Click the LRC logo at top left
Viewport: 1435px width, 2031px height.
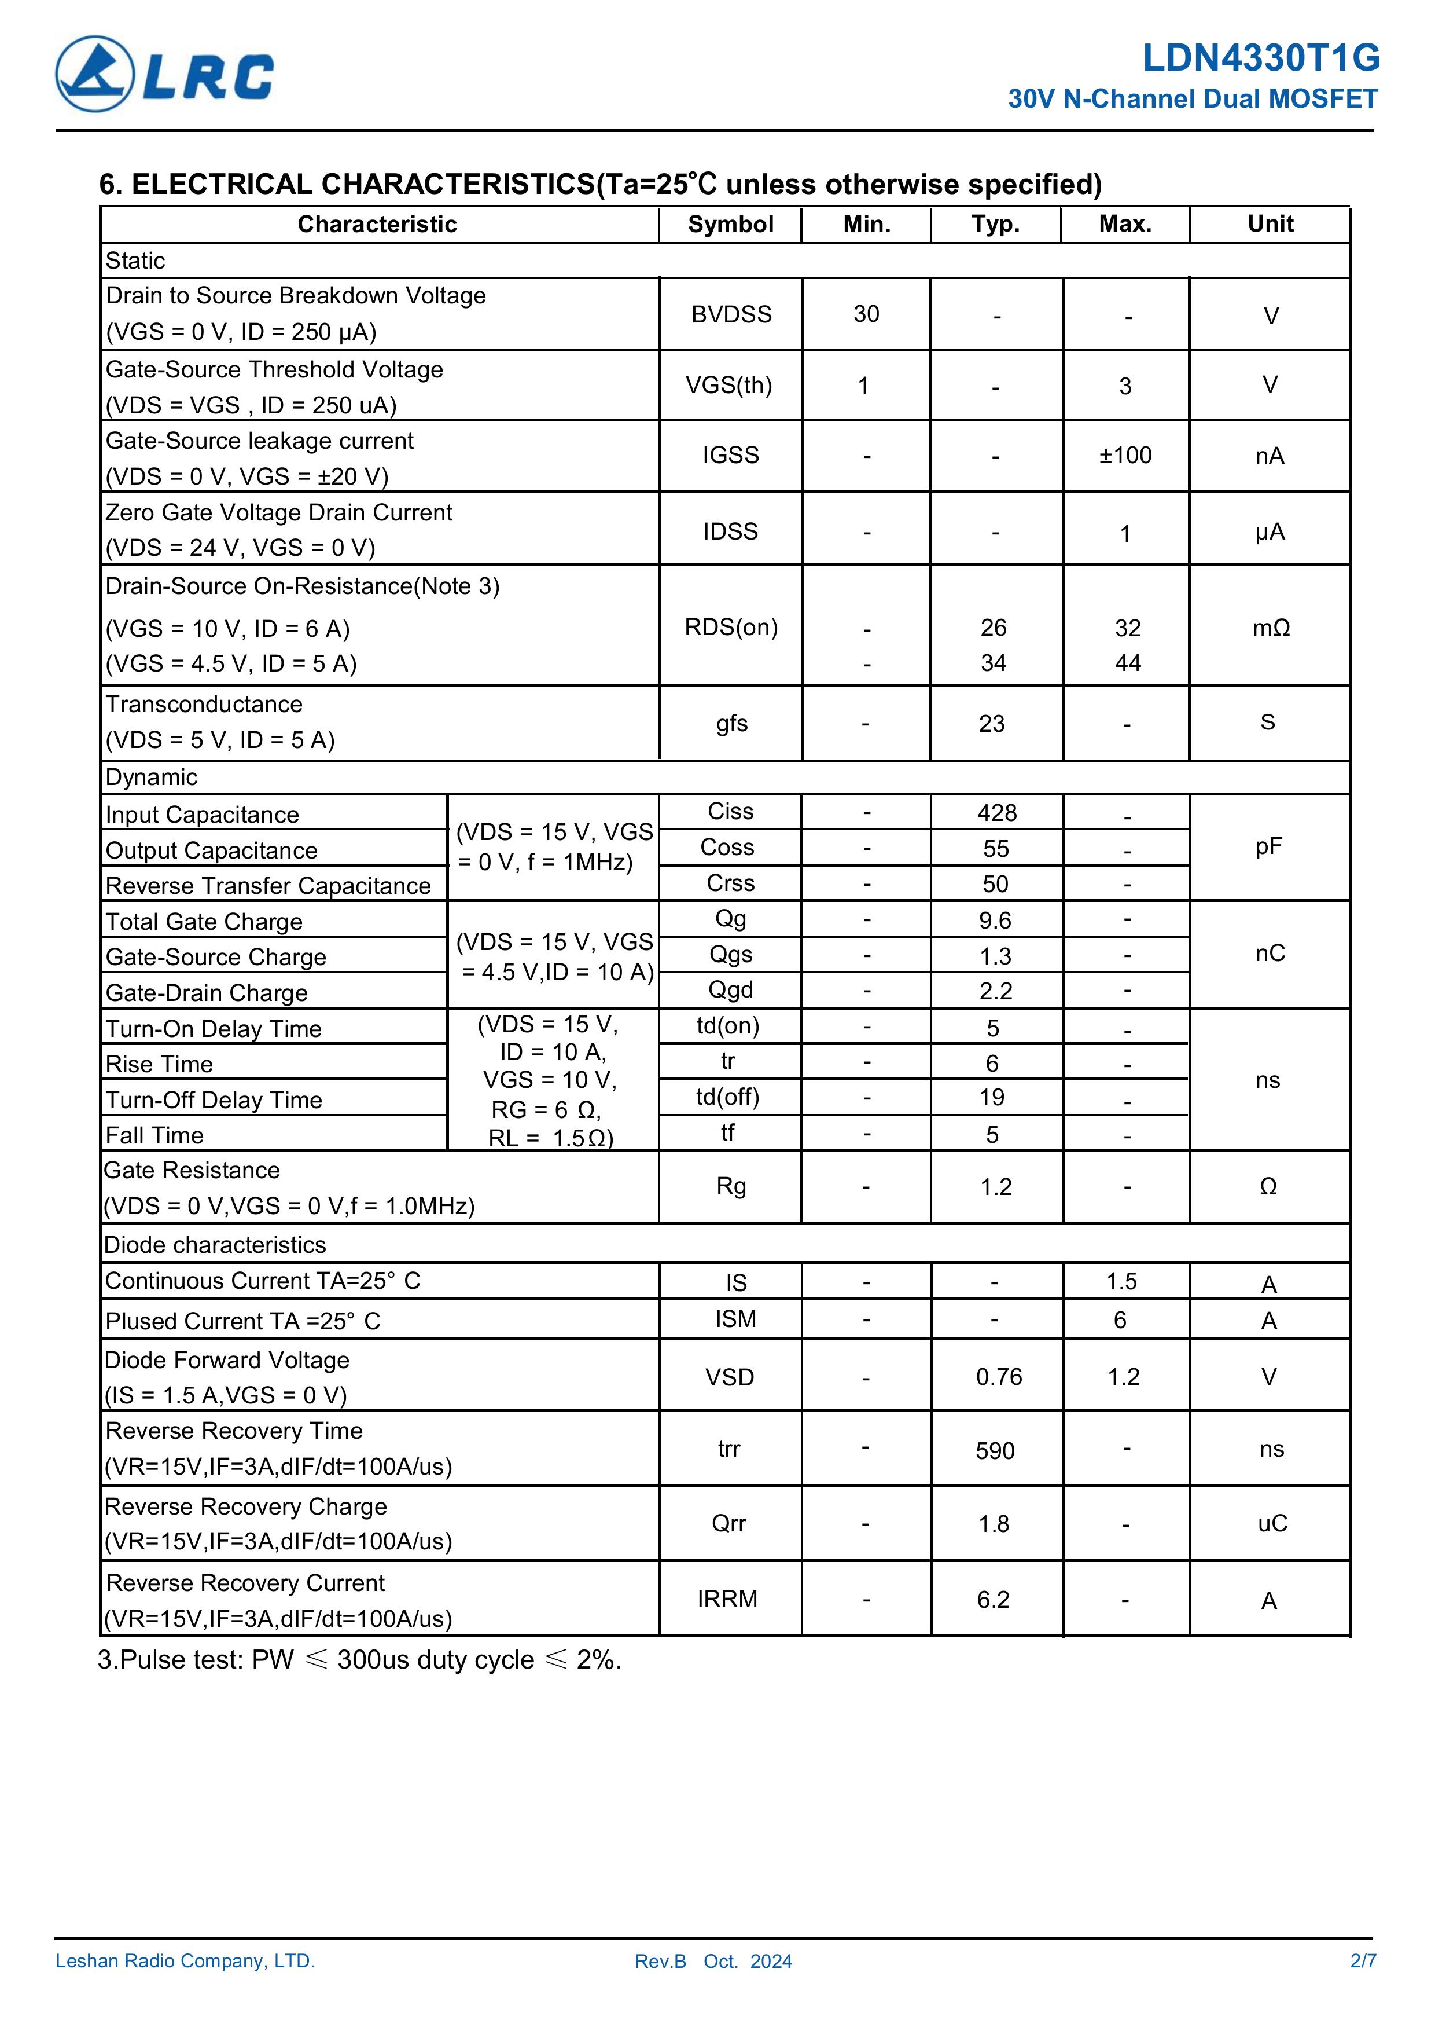(x=164, y=74)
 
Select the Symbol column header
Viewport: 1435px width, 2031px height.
(x=730, y=225)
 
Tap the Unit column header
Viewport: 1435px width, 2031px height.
(x=1270, y=224)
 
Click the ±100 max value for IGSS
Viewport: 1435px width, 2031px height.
(x=1125, y=456)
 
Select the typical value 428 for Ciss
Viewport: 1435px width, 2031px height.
(x=996, y=813)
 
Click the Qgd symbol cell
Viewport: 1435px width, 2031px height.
(x=730, y=990)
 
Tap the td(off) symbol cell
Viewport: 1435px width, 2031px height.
(x=728, y=1097)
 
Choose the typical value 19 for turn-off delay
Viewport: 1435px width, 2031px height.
(x=992, y=1098)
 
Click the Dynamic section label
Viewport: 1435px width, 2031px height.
(x=151, y=778)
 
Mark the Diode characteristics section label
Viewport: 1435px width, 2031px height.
(x=215, y=1245)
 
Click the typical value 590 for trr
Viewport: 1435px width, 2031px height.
(x=995, y=1451)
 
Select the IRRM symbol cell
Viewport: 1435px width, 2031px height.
(x=727, y=1599)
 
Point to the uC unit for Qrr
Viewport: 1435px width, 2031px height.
(x=1271, y=1523)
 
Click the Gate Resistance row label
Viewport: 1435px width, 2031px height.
(x=192, y=1170)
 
